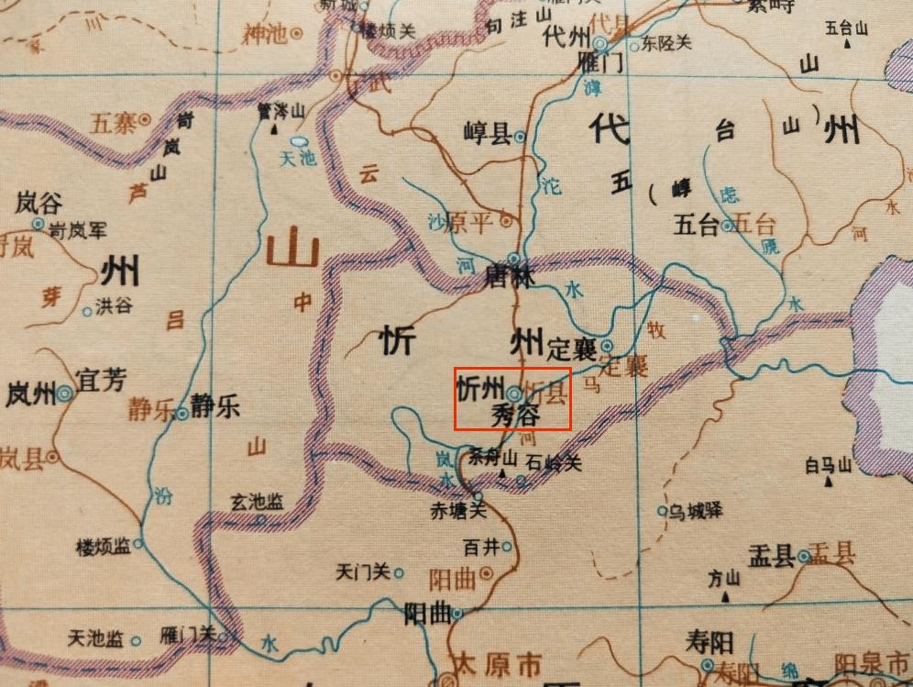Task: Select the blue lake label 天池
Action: pos(297,158)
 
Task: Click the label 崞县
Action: pos(487,136)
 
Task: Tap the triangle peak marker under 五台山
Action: pos(860,43)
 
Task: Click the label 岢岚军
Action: pos(78,231)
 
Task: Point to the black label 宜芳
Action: pos(102,381)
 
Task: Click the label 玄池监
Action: pos(256,502)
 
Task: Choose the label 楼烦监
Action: pos(104,548)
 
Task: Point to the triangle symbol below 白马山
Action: pos(829,482)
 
